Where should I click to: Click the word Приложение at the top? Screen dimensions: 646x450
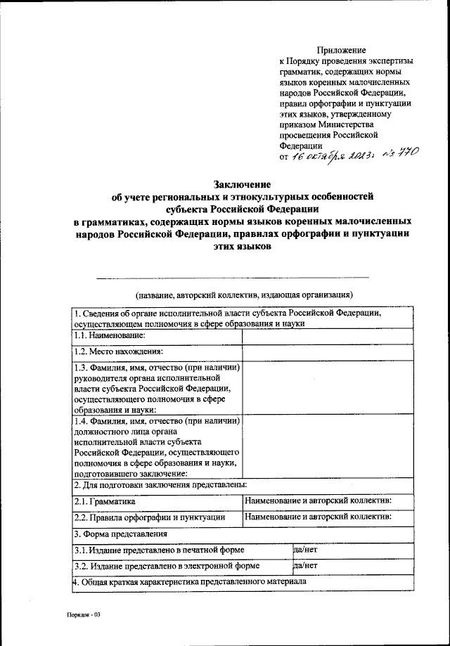click(342, 50)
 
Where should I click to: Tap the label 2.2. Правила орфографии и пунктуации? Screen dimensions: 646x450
click(149, 517)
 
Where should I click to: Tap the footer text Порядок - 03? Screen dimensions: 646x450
click(84, 614)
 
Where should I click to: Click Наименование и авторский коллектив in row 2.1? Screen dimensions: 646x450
click(318, 500)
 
